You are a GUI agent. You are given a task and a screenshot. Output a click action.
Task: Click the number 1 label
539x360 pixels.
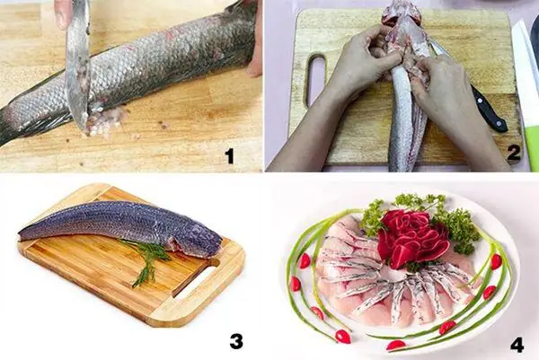tap(229, 156)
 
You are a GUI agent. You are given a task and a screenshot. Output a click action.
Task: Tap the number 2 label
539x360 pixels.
tap(513, 153)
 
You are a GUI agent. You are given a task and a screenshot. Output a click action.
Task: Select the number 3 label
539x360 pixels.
tap(235, 340)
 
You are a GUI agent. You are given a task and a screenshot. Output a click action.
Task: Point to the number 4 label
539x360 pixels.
tap(516, 344)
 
